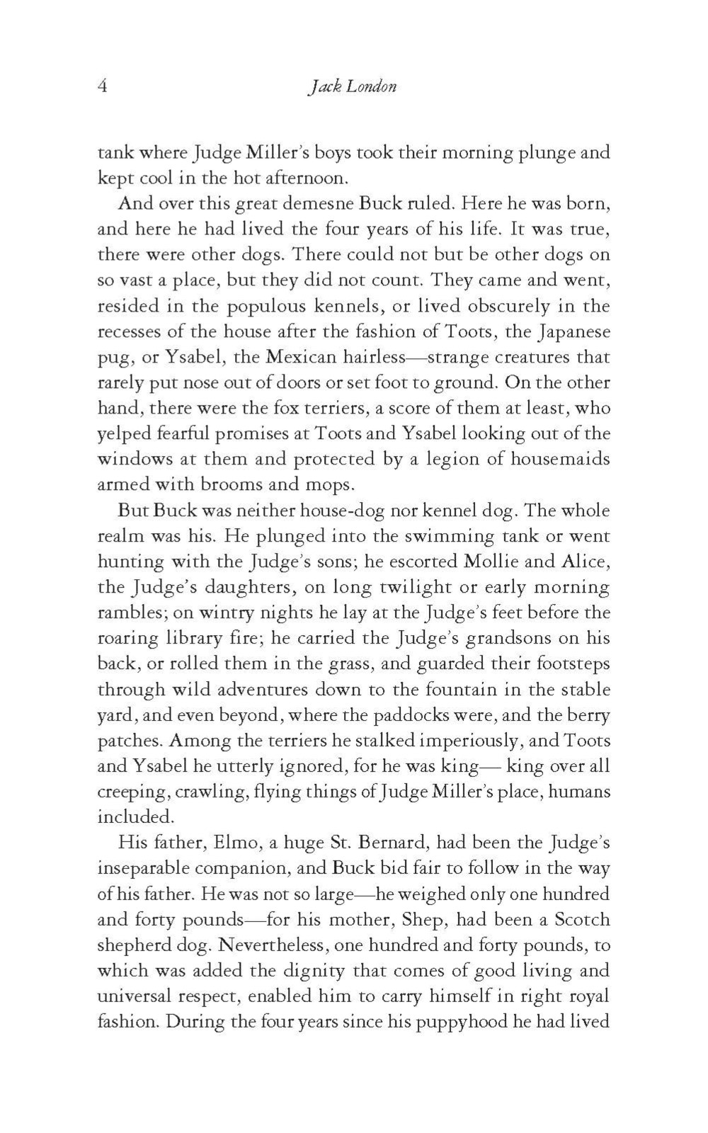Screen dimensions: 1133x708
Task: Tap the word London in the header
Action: (372, 86)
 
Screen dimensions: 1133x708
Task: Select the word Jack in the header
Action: (325, 86)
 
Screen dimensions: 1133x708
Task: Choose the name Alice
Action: (585, 562)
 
